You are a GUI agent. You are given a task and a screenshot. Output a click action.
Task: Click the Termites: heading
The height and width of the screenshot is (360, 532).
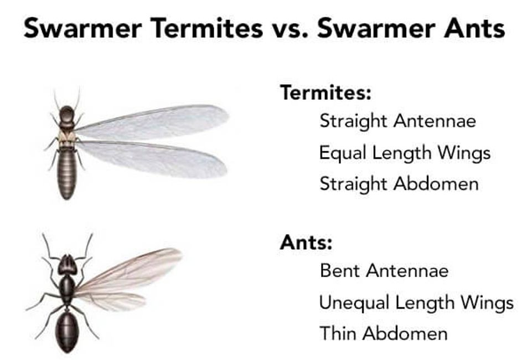click(325, 92)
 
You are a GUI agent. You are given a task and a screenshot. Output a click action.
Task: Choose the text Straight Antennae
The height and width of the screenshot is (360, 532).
click(397, 121)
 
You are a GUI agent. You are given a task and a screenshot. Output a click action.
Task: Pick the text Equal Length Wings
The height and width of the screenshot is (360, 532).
click(404, 152)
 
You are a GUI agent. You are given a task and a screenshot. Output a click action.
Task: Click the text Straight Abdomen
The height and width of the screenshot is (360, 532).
click(399, 184)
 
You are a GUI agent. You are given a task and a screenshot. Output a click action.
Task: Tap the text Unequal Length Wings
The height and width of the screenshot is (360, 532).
click(416, 302)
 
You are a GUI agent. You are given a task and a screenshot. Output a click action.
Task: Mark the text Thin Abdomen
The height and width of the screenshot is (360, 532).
click(383, 333)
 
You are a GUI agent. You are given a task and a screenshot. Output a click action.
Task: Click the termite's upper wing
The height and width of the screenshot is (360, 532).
click(155, 121)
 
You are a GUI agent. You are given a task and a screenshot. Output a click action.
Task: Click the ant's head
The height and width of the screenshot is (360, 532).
click(67, 264)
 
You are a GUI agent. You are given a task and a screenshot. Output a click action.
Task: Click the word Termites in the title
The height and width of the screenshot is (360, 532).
click(204, 28)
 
